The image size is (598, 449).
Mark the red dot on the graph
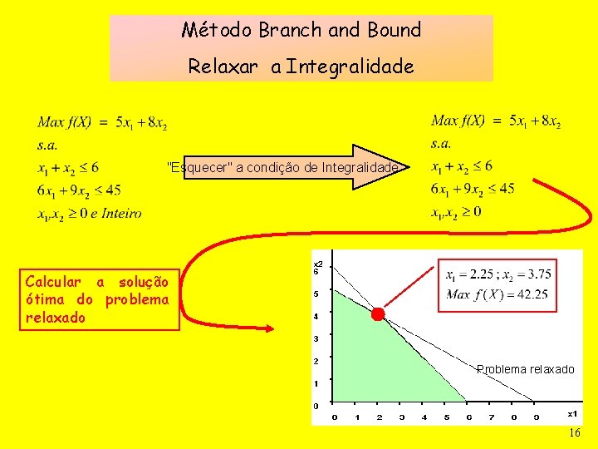coord(378,314)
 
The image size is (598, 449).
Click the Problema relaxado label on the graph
coord(525,369)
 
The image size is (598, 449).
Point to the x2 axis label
coord(318,264)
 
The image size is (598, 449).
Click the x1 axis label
coord(572,413)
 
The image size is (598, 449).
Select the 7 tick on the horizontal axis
coord(492,417)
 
